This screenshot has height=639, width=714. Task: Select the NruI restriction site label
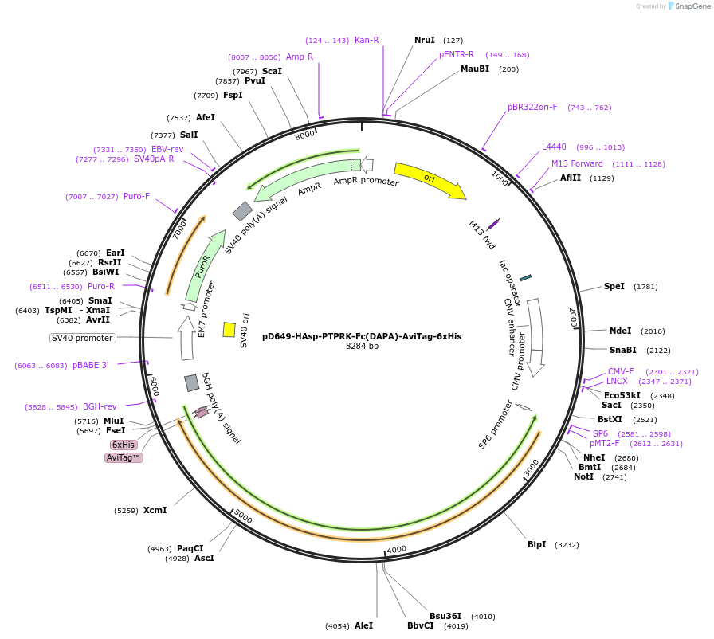click(x=425, y=40)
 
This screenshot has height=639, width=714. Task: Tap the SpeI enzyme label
click(x=614, y=286)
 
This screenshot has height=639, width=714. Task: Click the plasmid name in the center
click(x=362, y=336)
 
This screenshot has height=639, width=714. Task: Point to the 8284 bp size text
click(x=362, y=347)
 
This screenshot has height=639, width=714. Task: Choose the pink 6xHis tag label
click(x=124, y=445)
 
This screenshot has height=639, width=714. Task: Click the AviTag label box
click(x=124, y=457)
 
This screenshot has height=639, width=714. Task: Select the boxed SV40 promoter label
click(x=82, y=338)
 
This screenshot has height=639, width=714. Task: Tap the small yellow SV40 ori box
click(x=229, y=329)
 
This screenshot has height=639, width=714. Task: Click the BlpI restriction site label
click(x=536, y=544)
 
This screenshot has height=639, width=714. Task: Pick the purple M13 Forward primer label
click(x=577, y=163)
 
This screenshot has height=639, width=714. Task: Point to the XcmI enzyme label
click(x=155, y=510)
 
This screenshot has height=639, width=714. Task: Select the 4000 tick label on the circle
click(x=396, y=550)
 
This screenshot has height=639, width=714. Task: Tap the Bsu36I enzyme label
click(x=445, y=616)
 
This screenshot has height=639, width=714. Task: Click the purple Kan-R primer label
click(x=367, y=40)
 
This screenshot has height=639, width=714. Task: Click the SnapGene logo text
click(x=690, y=6)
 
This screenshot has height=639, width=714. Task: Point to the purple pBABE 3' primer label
click(x=90, y=365)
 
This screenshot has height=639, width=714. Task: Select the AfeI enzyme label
click(x=206, y=117)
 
